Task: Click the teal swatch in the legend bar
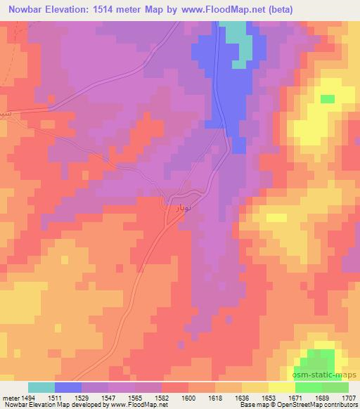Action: [x=41, y=387]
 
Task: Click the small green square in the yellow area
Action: [x=328, y=99]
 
